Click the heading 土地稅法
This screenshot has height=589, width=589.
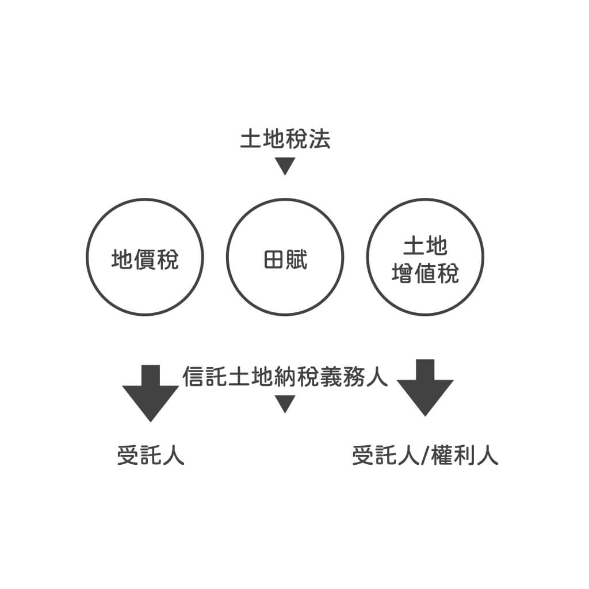285,140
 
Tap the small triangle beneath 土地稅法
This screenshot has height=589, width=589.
285,165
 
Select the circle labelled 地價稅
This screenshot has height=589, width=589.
144,257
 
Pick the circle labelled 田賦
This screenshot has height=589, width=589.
285,257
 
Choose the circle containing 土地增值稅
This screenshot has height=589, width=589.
425,257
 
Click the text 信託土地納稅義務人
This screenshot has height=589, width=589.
285,377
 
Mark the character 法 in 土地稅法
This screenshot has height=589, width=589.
320,140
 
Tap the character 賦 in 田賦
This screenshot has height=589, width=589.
297,260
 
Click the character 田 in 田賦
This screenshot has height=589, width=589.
274,260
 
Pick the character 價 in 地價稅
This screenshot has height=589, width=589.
144,260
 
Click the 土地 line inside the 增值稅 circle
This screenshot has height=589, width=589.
425,247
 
